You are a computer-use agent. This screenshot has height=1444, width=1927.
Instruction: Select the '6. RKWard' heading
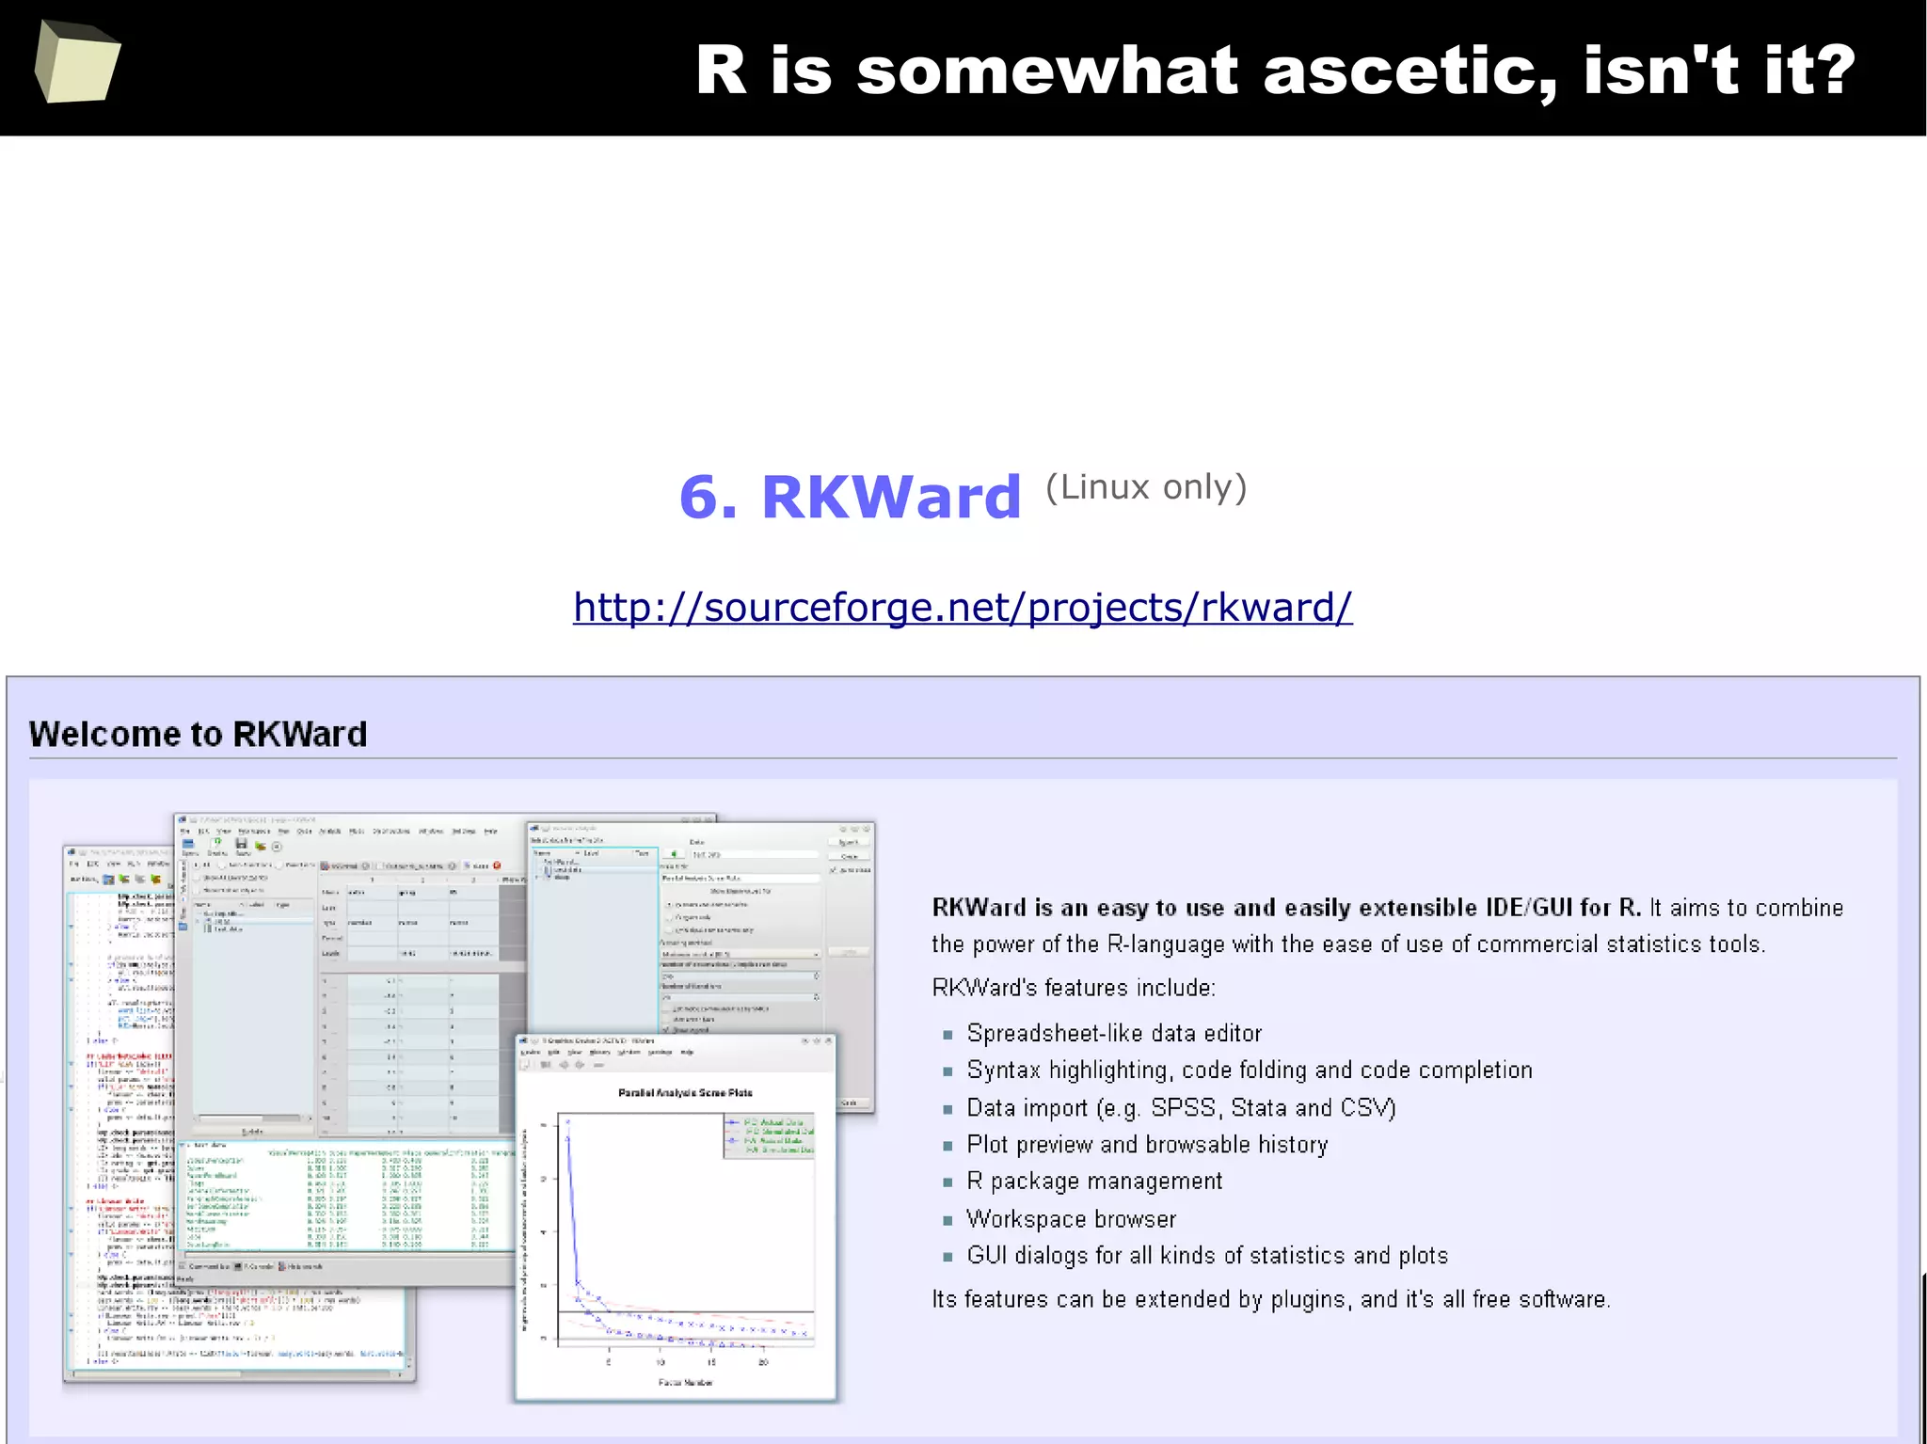[x=850, y=497]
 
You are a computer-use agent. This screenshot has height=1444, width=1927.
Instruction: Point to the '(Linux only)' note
[x=1146, y=487]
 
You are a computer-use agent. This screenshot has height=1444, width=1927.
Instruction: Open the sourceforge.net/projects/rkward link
[x=963, y=607]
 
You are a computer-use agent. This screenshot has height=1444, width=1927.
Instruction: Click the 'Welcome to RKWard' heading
[x=198, y=734]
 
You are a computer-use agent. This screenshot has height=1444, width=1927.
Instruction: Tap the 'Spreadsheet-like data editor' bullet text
[x=1113, y=1033]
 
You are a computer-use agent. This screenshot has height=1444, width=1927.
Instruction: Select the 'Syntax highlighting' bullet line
[x=1249, y=1071]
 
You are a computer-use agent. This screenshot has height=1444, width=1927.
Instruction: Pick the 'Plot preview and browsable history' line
[x=1147, y=1145]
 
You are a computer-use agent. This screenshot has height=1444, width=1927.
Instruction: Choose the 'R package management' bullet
[x=1094, y=1182]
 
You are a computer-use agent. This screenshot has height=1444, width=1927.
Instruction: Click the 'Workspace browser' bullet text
[x=1071, y=1219]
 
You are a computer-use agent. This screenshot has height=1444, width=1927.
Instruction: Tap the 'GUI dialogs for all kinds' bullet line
[x=1206, y=1256]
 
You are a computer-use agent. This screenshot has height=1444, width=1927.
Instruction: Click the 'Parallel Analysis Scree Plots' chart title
[x=684, y=1093]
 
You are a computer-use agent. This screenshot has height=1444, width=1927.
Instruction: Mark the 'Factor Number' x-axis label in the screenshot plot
[x=685, y=1382]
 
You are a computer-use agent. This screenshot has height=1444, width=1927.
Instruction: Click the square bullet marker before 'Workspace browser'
[x=948, y=1220]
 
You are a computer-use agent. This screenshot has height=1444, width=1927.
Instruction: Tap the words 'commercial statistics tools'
[x=1620, y=944]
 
